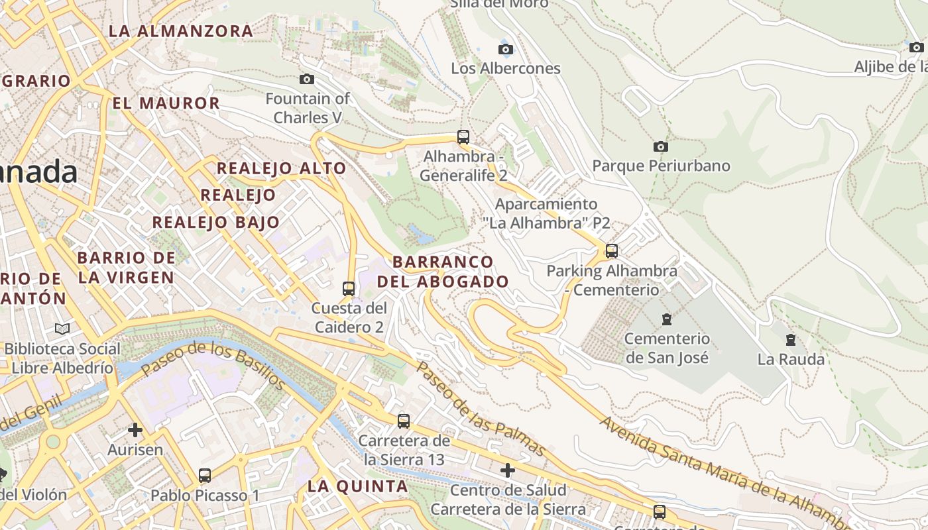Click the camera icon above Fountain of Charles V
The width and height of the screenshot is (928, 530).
pos(306,79)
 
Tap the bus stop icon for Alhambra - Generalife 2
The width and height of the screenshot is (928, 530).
pos(463,137)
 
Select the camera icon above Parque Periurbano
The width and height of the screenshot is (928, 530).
pos(660,146)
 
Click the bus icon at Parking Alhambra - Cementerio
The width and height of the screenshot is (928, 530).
pos(611,251)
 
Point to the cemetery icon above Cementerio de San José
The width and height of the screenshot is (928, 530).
pos(667,319)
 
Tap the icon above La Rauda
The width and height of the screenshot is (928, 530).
pos(790,340)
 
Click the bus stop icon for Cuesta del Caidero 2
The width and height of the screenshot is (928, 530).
pos(349,289)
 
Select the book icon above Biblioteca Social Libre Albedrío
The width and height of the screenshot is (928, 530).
pos(62,329)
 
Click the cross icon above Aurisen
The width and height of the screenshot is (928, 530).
pos(135,430)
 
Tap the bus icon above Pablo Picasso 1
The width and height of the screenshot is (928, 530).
pos(205,475)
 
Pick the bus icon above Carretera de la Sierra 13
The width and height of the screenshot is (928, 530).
pos(403,421)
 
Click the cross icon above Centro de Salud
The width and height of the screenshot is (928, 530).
pos(508,470)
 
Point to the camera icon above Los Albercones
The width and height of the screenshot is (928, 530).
pos(505,49)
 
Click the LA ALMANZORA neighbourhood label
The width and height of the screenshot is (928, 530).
pos(181,30)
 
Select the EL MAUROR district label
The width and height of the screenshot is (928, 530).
pos(166,103)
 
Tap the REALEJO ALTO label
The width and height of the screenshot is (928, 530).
pos(282,168)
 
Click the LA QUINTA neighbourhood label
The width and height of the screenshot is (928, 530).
pos(358,486)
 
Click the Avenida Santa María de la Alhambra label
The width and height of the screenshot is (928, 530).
pos(723,470)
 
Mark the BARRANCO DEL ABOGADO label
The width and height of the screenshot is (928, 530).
pos(443,271)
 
